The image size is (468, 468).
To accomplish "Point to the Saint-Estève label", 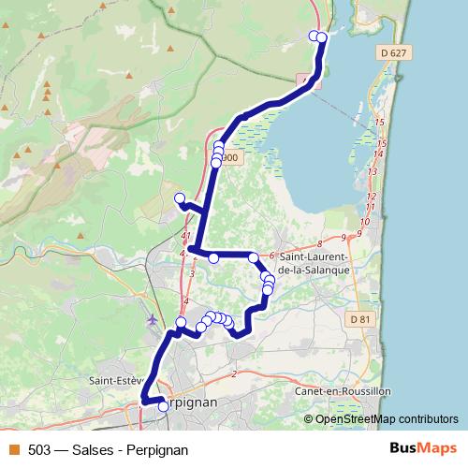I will (x=114, y=381).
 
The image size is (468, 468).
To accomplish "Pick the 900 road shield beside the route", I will (x=230, y=158).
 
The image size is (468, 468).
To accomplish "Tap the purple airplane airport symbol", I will (x=153, y=319).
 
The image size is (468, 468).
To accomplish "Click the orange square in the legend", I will (x=13, y=449).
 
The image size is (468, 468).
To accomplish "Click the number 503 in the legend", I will (x=39, y=449).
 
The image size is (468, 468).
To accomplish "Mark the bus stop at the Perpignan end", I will (x=164, y=406).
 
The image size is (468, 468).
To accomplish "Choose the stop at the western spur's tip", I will (x=180, y=197).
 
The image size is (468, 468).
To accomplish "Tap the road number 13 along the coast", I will (x=373, y=172).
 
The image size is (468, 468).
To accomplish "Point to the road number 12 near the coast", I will (x=371, y=196).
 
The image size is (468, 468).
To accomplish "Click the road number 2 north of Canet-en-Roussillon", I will (x=233, y=374).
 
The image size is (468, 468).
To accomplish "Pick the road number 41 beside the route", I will (x=185, y=235).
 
